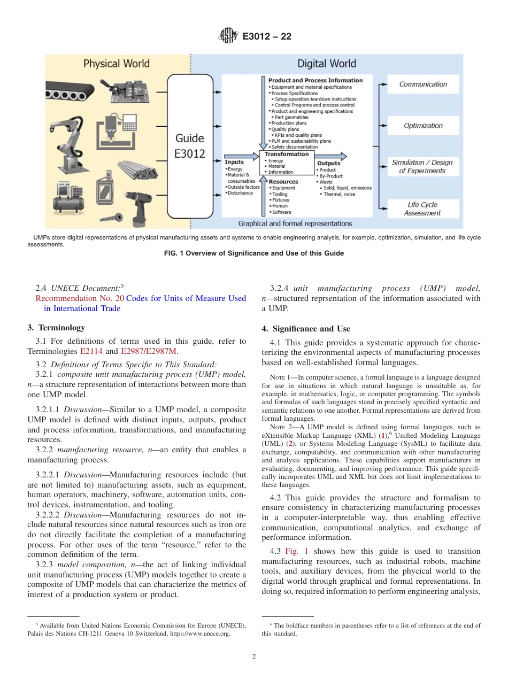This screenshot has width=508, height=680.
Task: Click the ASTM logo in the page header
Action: click(x=228, y=36)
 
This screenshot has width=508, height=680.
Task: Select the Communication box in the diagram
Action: click(x=424, y=84)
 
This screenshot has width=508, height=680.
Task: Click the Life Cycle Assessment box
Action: click(x=423, y=208)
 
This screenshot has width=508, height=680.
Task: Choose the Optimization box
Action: click(x=423, y=126)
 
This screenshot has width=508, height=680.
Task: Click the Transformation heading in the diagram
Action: click(x=287, y=154)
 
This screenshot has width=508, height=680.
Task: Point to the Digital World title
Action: click(x=326, y=64)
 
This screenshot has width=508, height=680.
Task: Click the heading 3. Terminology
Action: click(x=56, y=328)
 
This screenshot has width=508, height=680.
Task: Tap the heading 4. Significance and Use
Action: click(x=306, y=329)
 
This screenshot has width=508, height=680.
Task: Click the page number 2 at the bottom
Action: click(x=254, y=656)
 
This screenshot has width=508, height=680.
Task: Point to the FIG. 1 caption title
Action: click(x=253, y=253)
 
